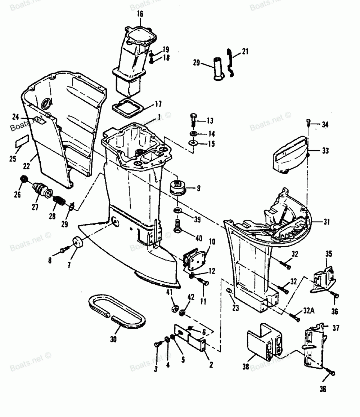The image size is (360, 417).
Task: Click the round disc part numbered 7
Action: coord(76,241)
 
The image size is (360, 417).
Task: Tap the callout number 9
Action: coord(198,188)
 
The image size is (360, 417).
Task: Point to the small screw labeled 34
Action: coord(308,121)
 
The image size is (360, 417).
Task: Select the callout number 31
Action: coord(326,222)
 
